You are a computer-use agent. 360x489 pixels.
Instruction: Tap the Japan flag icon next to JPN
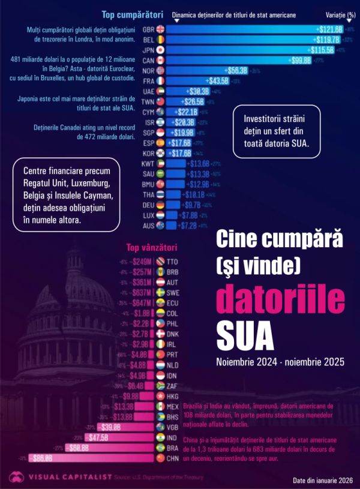click(160, 49)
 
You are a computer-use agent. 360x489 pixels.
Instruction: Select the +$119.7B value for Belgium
click(327, 39)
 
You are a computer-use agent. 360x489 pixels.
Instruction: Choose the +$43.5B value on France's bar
click(217, 80)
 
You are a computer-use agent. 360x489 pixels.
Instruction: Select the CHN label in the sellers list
click(173, 458)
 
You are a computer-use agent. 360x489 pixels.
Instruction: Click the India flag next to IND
click(160, 437)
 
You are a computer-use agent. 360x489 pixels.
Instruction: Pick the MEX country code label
click(173, 406)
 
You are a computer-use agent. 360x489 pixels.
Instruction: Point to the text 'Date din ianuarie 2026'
click(323, 480)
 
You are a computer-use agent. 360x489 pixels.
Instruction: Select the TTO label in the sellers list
click(173, 262)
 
